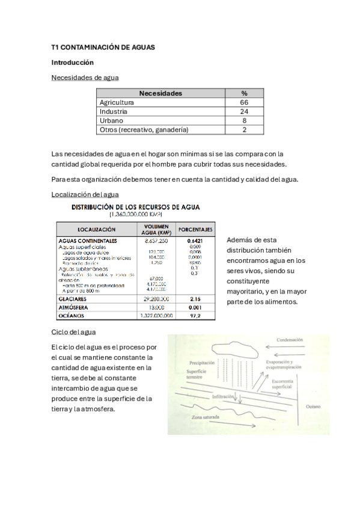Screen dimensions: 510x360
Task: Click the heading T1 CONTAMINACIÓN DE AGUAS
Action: click(103, 46)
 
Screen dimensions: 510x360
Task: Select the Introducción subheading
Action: click(73, 62)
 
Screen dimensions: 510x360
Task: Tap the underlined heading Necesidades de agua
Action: click(85, 78)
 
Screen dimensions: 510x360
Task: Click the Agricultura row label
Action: click(117, 102)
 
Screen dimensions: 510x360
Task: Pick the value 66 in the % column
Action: click(244, 102)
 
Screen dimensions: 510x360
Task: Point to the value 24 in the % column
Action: click(244, 111)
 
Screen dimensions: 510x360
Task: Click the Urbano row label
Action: click(111, 120)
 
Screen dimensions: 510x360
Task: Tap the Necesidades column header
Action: click(160, 93)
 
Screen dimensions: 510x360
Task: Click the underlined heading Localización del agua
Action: click(85, 195)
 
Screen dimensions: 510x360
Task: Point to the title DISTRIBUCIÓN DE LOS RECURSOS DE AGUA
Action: click(136, 207)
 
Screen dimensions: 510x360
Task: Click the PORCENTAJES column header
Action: click(197, 229)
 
